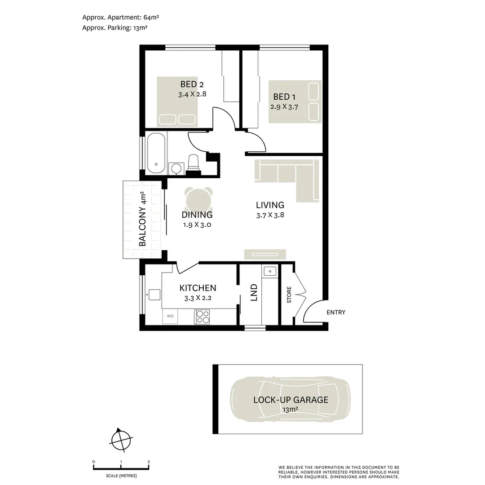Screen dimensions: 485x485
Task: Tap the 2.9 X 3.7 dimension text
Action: [x=284, y=107]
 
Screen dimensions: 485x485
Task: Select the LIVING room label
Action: [x=270, y=205]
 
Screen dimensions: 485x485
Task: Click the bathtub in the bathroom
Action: [x=156, y=153]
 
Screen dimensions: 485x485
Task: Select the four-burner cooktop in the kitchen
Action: [x=202, y=317]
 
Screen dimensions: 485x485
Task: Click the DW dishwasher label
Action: [x=171, y=316]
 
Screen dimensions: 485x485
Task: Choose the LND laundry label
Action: [x=254, y=292]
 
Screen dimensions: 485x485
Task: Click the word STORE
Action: [x=289, y=294]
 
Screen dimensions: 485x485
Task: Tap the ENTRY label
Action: [x=336, y=313]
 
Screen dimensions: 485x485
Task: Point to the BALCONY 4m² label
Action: [x=143, y=219]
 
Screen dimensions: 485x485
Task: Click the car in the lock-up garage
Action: [x=290, y=399]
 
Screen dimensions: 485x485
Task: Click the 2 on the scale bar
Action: [x=149, y=462]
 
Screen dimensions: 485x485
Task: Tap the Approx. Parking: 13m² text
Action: [x=115, y=27]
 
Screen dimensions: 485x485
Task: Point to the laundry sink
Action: [x=270, y=271]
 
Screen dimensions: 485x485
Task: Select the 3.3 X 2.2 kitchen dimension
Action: [x=198, y=298]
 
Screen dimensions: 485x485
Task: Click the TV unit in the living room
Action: [x=265, y=254]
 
